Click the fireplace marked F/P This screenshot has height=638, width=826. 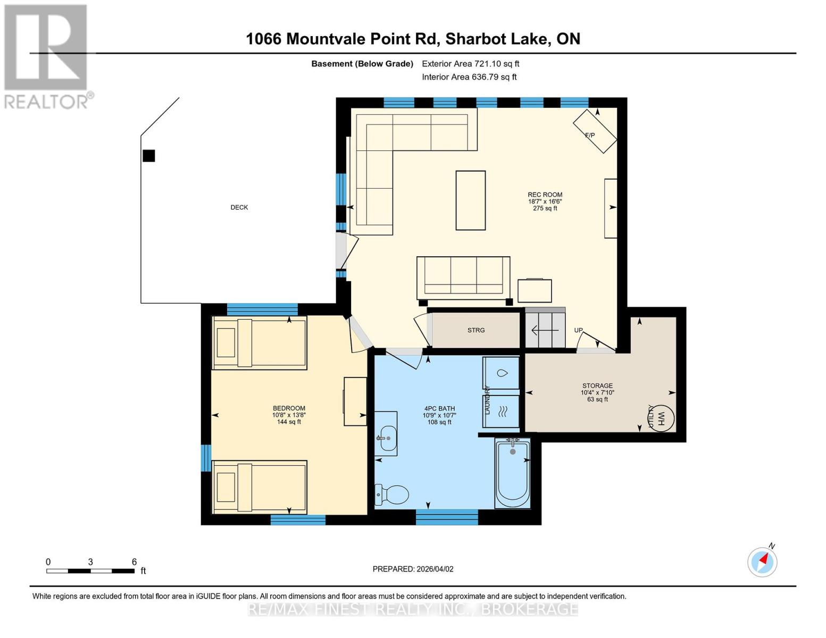pos(595,131)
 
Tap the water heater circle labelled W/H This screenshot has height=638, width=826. pos(662,418)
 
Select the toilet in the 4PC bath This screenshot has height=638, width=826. pos(392,495)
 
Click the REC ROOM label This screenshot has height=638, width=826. pos(545,195)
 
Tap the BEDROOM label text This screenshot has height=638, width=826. pos(289,408)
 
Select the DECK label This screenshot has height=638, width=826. pos(239,207)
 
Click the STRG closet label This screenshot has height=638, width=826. pos(476,330)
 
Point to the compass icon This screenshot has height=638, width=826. pos(762,561)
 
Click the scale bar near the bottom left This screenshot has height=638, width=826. pos(90,571)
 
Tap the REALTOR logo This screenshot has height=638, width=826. pos(46,56)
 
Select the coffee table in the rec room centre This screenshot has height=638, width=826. pos(470,200)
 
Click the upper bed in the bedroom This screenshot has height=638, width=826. pos(259,342)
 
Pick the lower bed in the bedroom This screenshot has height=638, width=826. pos(259,487)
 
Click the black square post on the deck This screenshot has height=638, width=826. pos(149,156)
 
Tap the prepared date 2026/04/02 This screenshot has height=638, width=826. pos(413,569)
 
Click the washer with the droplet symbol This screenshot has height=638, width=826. pos(501,373)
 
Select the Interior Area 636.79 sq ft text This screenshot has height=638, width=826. pos(469,77)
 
